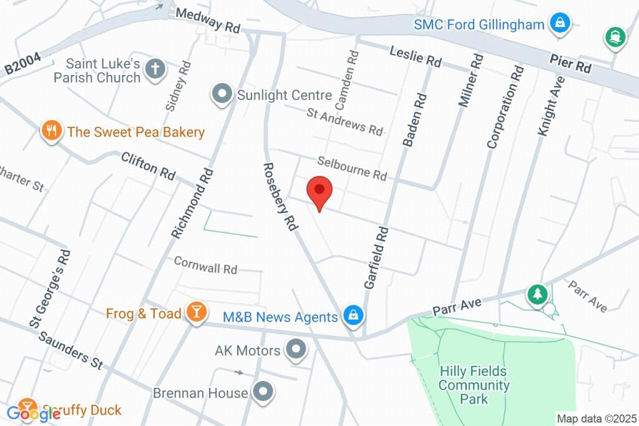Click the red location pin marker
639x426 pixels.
(320, 191)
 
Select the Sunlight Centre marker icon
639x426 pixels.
(221, 96)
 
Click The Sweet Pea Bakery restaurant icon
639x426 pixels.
(51, 131)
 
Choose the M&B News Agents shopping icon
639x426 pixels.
(353, 315)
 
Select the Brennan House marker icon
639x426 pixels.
(263, 392)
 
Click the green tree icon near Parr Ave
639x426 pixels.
(537, 294)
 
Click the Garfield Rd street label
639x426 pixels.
(377, 258)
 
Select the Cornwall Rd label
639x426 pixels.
(205, 265)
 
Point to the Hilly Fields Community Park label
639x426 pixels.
(474, 385)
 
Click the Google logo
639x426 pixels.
(34, 412)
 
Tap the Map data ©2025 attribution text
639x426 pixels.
(596, 419)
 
